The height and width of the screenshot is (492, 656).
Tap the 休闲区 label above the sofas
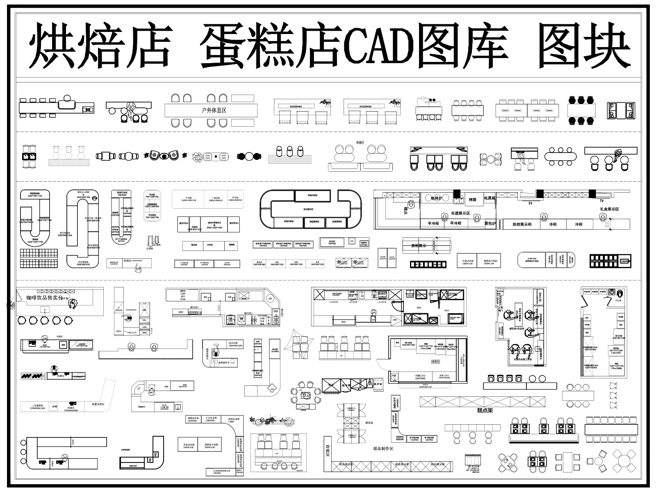coord(361,143)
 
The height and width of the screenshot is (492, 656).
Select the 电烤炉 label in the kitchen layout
coord(438,199)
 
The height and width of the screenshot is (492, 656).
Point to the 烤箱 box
coord(472,200)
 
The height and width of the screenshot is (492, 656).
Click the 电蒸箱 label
coord(490,198)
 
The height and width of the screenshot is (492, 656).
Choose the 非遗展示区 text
coord(460,214)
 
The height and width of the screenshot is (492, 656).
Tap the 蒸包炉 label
coord(490,224)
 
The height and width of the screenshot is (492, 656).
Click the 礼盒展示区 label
coord(608,209)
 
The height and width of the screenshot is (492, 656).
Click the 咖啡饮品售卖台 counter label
coord(45,298)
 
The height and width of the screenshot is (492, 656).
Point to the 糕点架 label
coord(485,410)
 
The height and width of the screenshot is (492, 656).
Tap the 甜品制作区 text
coord(383,449)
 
